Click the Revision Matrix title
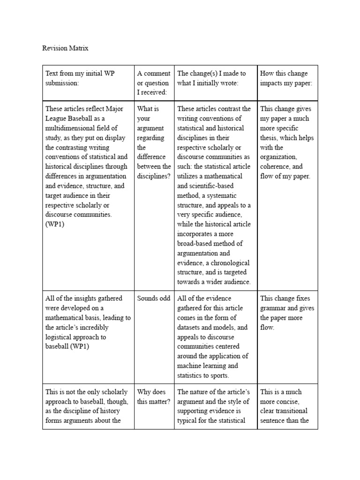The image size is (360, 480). tap(65, 48)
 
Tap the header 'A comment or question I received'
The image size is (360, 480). tap(154, 83)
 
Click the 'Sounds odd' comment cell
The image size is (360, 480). tap(154, 298)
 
